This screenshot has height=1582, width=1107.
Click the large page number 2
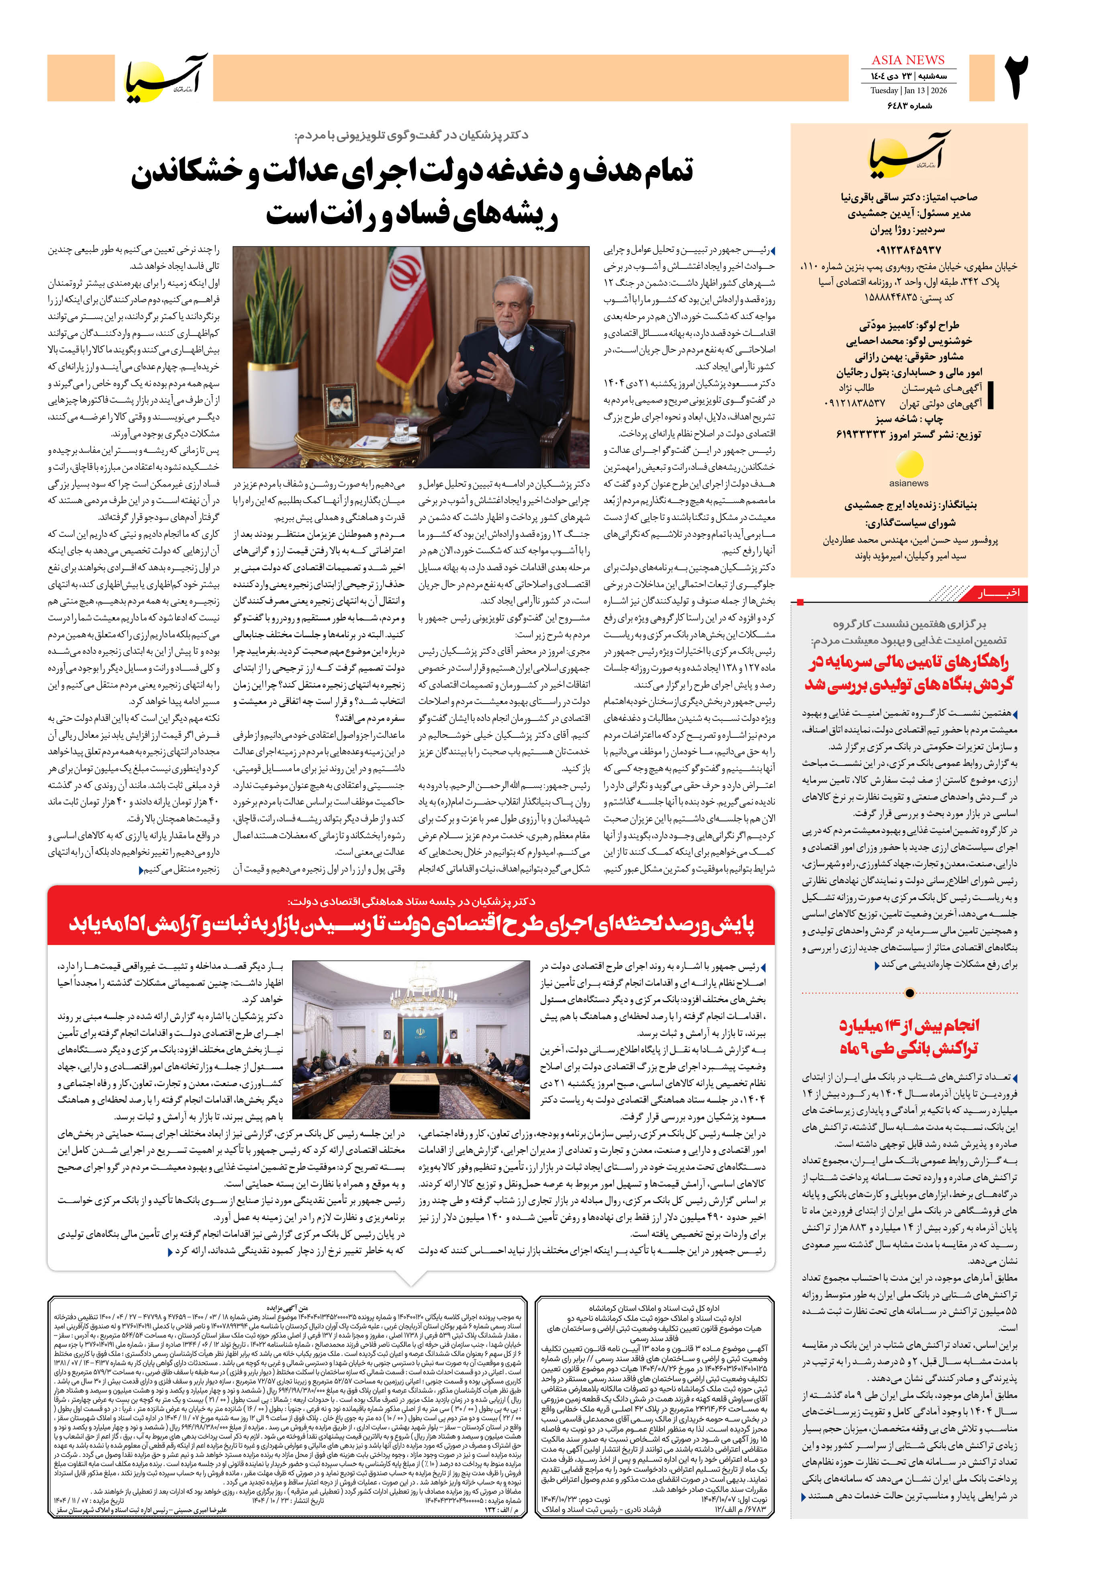click(x=1017, y=78)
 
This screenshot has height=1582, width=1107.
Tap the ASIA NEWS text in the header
click(x=908, y=60)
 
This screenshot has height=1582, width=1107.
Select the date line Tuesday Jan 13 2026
click(x=908, y=90)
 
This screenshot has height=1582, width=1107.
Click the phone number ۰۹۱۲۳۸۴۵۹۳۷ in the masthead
click(x=907, y=250)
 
